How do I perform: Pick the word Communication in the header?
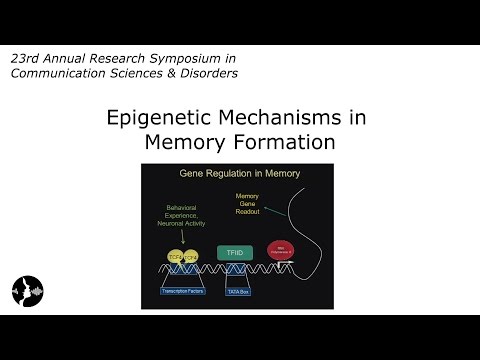click(x=58, y=73)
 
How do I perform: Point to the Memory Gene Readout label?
click(x=247, y=205)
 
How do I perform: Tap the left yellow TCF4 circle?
click(x=174, y=257)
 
